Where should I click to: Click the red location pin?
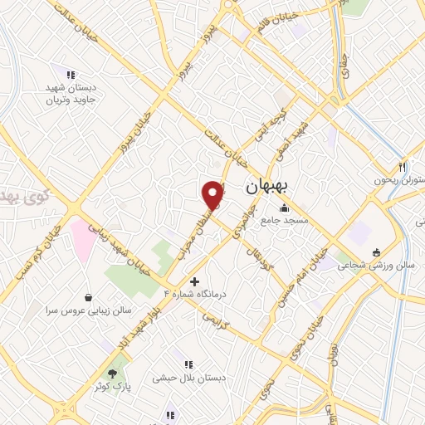[x=213, y=195]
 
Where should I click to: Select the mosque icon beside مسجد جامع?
[x=285, y=208]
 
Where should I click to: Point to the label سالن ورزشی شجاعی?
[x=376, y=265]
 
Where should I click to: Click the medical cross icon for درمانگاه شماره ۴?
[x=195, y=281]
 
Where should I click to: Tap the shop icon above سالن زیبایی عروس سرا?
[x=89, y=296]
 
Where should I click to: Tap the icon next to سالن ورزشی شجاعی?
[x=376, y=252]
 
